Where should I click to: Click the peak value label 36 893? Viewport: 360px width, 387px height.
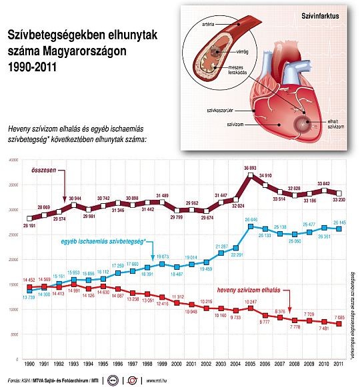tap(250, 167)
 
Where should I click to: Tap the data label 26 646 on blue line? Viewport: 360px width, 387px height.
tap(250, 218)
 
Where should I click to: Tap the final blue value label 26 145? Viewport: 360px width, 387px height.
tap(339, 222)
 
